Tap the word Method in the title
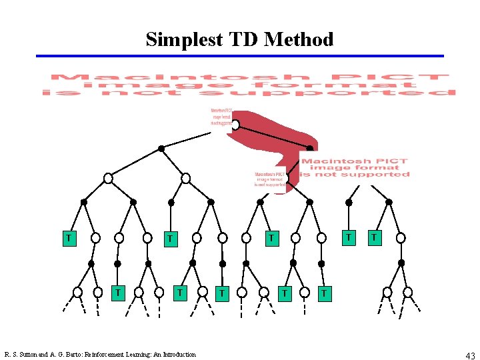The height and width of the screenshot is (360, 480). (299, 39)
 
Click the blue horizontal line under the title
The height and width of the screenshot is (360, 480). (240, 56)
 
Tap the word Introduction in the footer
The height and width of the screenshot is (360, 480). (177, 355)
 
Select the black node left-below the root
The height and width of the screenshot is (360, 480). (161, 149)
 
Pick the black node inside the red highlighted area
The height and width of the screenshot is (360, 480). (309, 149)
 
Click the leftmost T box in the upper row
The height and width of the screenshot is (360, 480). (68, 237)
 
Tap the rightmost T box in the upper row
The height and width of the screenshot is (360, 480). (375, 237)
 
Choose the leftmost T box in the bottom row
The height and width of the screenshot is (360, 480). (118, 291)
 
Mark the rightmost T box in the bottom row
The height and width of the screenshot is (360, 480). (323, 292)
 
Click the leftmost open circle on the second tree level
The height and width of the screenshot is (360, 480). (108, 178)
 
